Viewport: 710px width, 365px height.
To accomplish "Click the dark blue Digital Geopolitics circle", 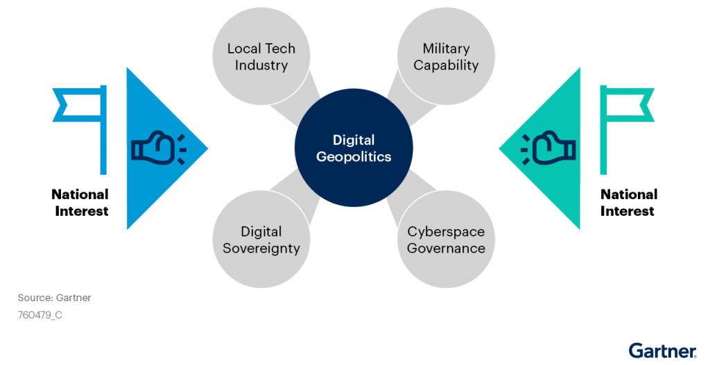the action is [354, 148].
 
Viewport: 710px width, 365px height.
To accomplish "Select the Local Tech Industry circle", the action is [261, 56].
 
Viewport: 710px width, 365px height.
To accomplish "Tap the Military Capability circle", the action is [446, 56].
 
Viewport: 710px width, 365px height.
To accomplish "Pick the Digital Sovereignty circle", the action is [261, 239].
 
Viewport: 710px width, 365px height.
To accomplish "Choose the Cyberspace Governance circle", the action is [446, 239].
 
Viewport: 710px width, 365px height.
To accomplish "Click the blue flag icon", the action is [80, 130].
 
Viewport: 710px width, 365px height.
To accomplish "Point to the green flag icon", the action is [627, 130].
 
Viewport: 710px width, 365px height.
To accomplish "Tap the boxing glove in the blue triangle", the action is [158, 147].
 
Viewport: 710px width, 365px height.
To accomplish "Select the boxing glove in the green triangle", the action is [548, 147].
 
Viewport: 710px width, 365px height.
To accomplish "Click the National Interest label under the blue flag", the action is [80, 203].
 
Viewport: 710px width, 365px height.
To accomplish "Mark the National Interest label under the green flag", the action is [628, 203].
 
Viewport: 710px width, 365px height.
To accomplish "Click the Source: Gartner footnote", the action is [54, 298].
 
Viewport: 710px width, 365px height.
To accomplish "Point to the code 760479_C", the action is [40, 314].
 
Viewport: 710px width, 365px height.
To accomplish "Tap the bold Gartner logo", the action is [662, 350].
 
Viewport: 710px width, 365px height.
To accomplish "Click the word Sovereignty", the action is [261, 249].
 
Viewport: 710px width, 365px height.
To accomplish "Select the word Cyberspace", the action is [446, 232].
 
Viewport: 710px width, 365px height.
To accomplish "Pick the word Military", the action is [446, 49].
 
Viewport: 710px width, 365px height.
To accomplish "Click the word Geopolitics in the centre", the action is [354, 158].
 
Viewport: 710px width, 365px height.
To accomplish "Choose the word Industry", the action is [261, 66].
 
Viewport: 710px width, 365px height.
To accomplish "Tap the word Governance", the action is [446, 248].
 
